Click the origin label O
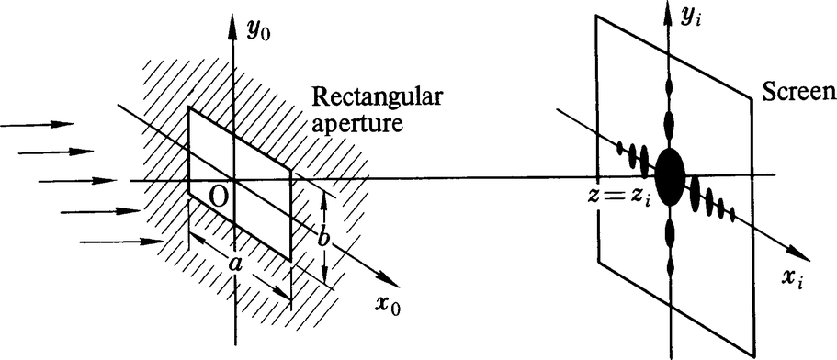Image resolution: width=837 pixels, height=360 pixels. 218,195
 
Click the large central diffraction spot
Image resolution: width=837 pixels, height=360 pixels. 670,171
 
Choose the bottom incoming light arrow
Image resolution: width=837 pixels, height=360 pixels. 119,242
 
